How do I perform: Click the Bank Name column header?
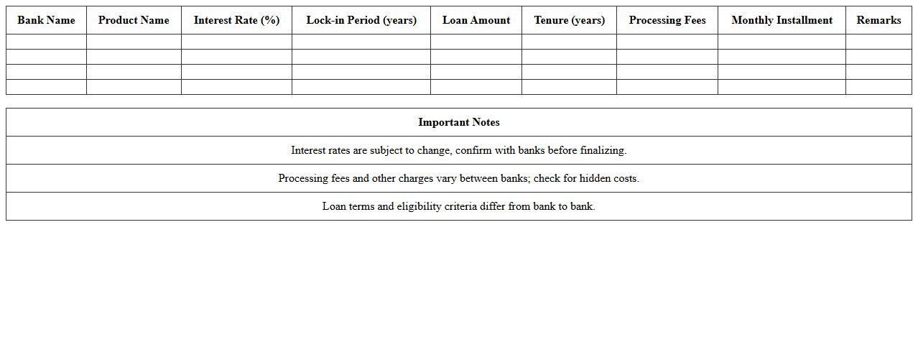point(46,20)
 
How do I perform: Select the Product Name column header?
point(134,20)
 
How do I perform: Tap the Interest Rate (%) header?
point(236,20)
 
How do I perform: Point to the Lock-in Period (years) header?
point(361,20)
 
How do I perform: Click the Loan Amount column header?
point(476,20)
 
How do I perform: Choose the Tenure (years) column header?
point(569,20)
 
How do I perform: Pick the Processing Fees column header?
point(667,20)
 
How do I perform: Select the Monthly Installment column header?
point(782,20)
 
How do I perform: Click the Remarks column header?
point(878,20)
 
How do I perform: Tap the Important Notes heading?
point(459,122)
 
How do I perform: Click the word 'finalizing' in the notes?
point(603,150)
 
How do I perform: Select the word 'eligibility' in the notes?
point(419,206)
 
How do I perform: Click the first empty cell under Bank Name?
point(46,42)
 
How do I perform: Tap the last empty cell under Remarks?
point(878,87)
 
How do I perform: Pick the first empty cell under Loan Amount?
point(476,42)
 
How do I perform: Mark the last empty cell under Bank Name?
point(46,87)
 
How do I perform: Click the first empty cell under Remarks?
point(878,42)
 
